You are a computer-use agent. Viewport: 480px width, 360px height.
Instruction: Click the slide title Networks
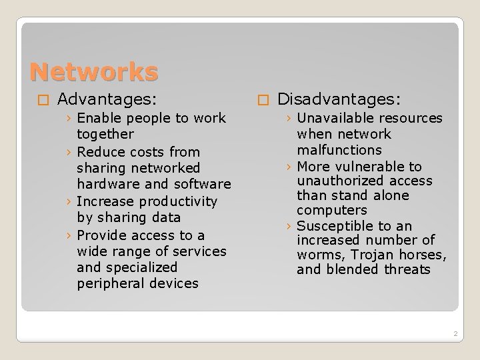pyautogui.click(x=94, y=71)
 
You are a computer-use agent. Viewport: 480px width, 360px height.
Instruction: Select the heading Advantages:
pyautogui.click(x=107, y=100)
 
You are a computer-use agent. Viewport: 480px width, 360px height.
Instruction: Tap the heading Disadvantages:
pyautogui.click(x=339, y=100)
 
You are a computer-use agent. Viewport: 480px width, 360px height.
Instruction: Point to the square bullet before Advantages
pyautogui.click(x=43, y=101)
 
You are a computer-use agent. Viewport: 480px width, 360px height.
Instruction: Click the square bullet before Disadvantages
pyautogui.click(x=263, y=101)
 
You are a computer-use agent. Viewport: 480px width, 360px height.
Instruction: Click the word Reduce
pyautogui.click(x=100, y=152)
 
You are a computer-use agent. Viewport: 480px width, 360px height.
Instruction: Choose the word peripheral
pyautogui.click(x=109, y=283)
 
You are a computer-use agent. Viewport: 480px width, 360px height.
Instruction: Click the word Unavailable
pyautogui.click(x=335, y=118)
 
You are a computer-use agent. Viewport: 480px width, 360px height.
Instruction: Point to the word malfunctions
pyautogui.click(x=339, y=149)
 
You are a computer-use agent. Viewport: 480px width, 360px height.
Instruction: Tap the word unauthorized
pyautogui.click(x=337, y=181)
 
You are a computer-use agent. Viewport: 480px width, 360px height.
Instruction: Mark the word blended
pyautogui.click(x=354, y=269)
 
